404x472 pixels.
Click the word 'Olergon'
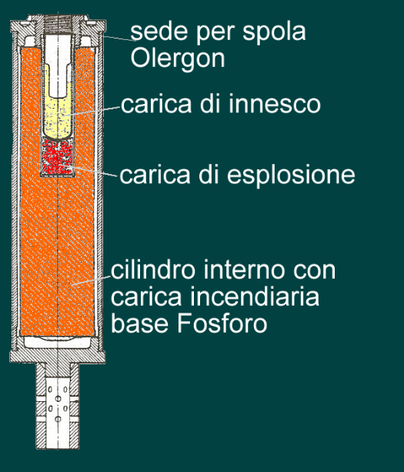coord(178,59)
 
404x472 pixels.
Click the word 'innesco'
coord(275,104)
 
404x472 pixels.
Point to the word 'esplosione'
coord(291,175)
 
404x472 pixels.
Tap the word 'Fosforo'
coord(222,323)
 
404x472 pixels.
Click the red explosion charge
coord(57,156)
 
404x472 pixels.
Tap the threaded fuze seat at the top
coord(58,23)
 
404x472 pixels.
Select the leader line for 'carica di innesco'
coord(92,110)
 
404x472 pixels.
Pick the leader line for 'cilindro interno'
coord(91,280)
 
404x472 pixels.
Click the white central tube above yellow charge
coord(58,65)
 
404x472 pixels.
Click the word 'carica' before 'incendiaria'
coord(146,296)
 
